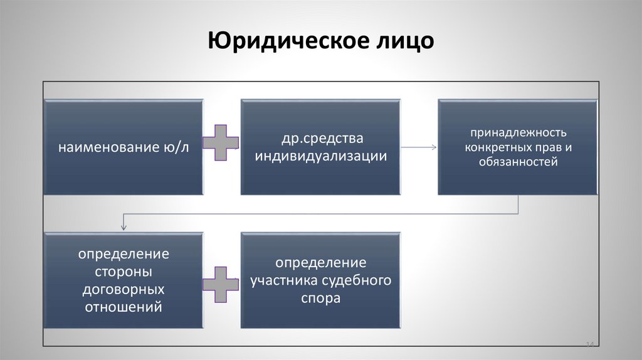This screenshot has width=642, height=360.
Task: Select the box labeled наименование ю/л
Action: pyautogui.click(x=124, y=147)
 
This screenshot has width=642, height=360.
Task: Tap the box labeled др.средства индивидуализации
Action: pyautogui.click(x=320, y=147)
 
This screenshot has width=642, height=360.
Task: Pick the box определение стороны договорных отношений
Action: pyautogui.click(x=124, y=280)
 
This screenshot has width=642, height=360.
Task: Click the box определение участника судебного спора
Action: pyautogui.click(x=320, y=280)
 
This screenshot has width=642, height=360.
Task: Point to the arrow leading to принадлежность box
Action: pyautogui.click(x=419, y=147)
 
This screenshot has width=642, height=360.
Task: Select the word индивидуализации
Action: pyautogui.click(x=320, y=156)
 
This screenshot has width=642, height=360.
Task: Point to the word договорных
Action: pyautogui.click(x=124, y=290)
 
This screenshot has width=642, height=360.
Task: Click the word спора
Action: pyautogui.click(x=320, y=299)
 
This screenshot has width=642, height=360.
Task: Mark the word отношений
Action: pyautogui.click(x=124, y=307)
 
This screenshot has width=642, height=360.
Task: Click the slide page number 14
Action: pyautogui.click(x=590, y=344)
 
